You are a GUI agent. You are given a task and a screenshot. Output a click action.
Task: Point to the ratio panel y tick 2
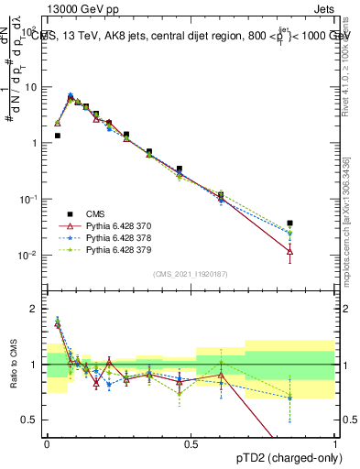(38, 309)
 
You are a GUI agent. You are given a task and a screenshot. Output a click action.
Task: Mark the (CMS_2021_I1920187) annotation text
(191, 273)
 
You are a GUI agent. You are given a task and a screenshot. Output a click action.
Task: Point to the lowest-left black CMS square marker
(57, 136)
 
